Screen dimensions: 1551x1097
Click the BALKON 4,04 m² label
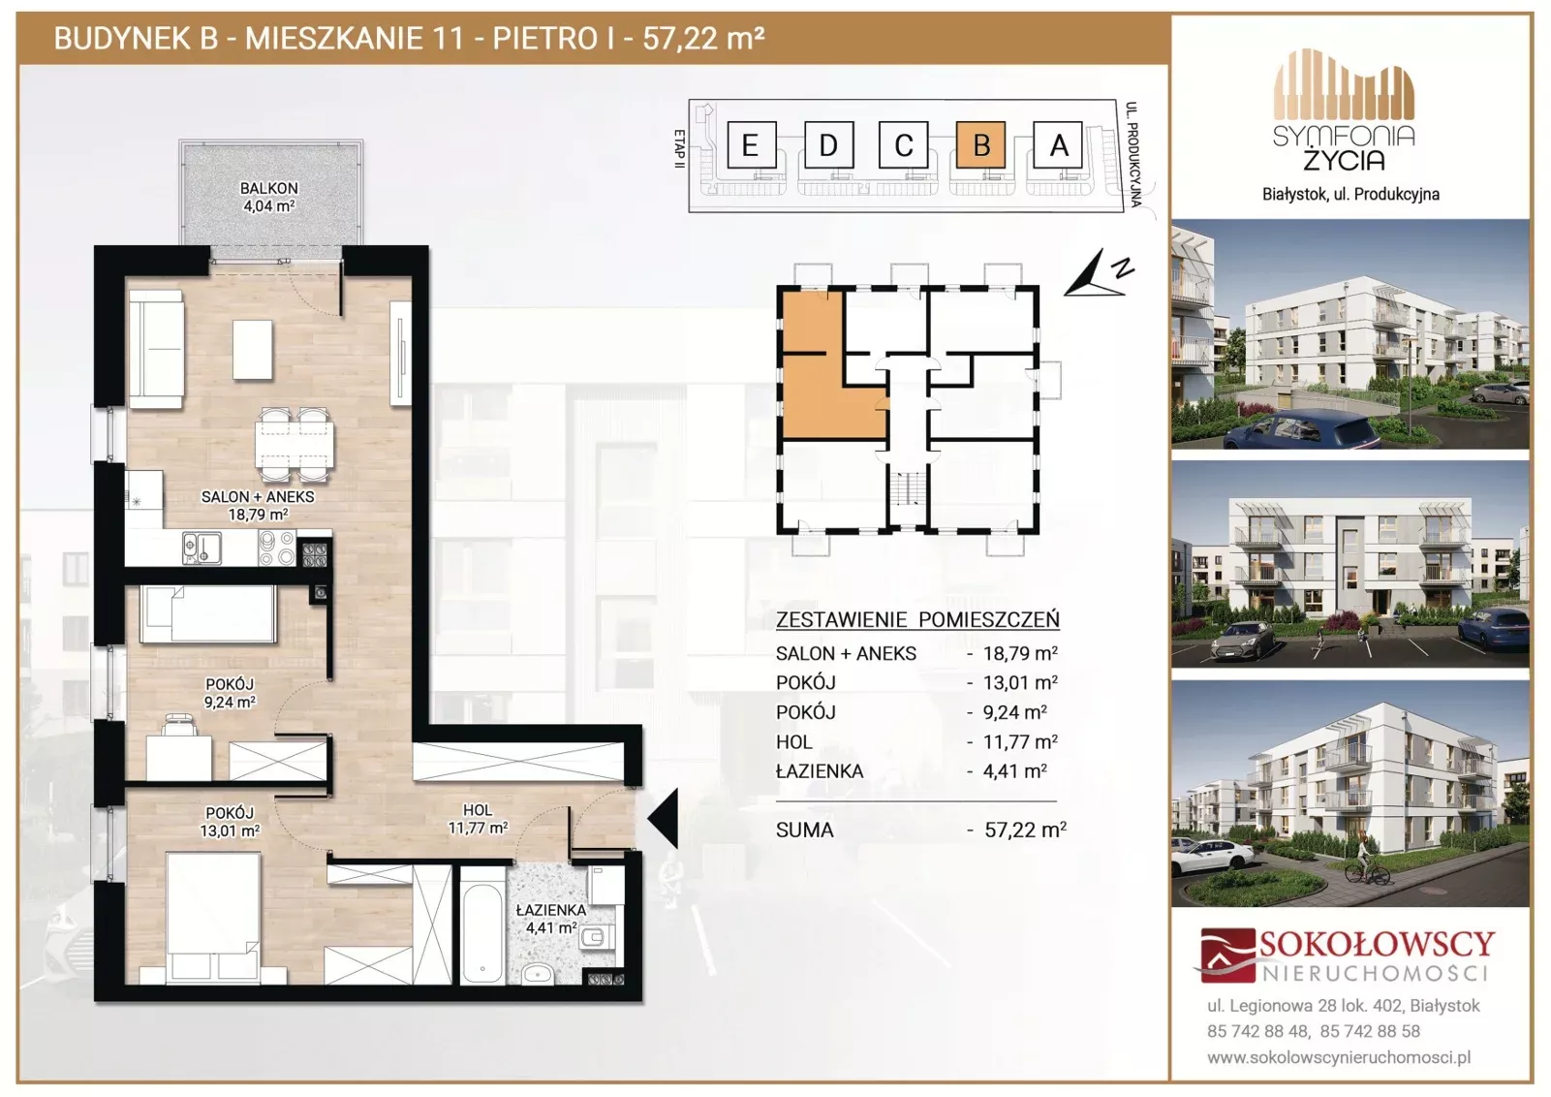click(269, 198)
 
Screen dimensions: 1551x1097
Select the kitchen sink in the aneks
click(202, 548)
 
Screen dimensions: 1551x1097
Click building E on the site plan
click(751, 144)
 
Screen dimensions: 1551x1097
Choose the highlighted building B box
click(980, 144)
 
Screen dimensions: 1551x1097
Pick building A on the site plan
click(1057, 144)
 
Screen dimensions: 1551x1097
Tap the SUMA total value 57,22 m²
click(1025, 830)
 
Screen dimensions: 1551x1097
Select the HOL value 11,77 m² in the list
click(1020, 741)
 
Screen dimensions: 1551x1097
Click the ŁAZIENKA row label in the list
click(820, 770)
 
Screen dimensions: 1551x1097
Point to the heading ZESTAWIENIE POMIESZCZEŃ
click(917, 619)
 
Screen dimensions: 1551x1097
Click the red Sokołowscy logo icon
click(1227, 955)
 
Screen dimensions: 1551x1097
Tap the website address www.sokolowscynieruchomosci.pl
click(1339, 1057)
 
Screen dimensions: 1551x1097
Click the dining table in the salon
click(295, 444)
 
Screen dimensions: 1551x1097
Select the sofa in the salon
click(157, 349)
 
